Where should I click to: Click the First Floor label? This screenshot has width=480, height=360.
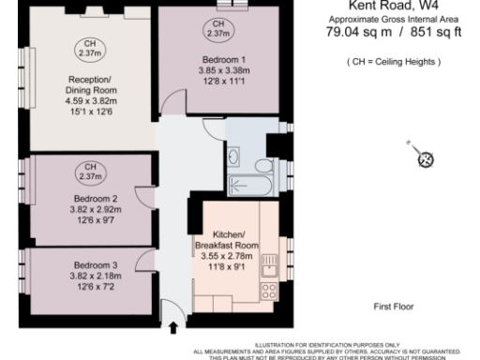pyautogui.click(x=393, y=307)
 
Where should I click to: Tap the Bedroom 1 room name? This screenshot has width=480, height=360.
pyautogui.click(x=218, y=59)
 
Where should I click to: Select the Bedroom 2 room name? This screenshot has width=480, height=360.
pyautogui.click(x=96, y=199)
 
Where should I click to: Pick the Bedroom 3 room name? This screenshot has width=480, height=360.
pyautogui.click(x=96, y=264)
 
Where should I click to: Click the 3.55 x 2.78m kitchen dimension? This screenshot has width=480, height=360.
pyautogui.click(x=227, y=256)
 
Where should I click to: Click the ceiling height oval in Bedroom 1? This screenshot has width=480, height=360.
pyautogui.click(x=218, y=30)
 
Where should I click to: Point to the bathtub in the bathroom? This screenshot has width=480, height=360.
pyautogui.click(x=248, y=187)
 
